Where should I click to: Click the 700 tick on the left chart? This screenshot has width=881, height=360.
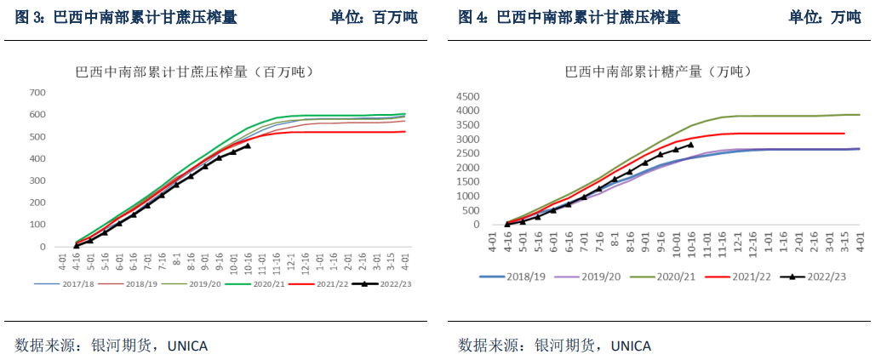tap(37, 92)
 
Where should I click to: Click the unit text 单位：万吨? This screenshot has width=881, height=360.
tap(825, 18)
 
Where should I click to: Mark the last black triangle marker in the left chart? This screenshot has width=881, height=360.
tap(248, 146)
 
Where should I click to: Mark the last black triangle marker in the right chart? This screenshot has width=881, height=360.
tap(689, 145)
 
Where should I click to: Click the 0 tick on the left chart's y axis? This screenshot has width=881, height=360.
tap(42, 247)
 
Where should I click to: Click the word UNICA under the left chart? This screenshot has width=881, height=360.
tap(186, 346)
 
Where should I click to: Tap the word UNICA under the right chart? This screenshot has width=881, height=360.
tap(629, 346)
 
